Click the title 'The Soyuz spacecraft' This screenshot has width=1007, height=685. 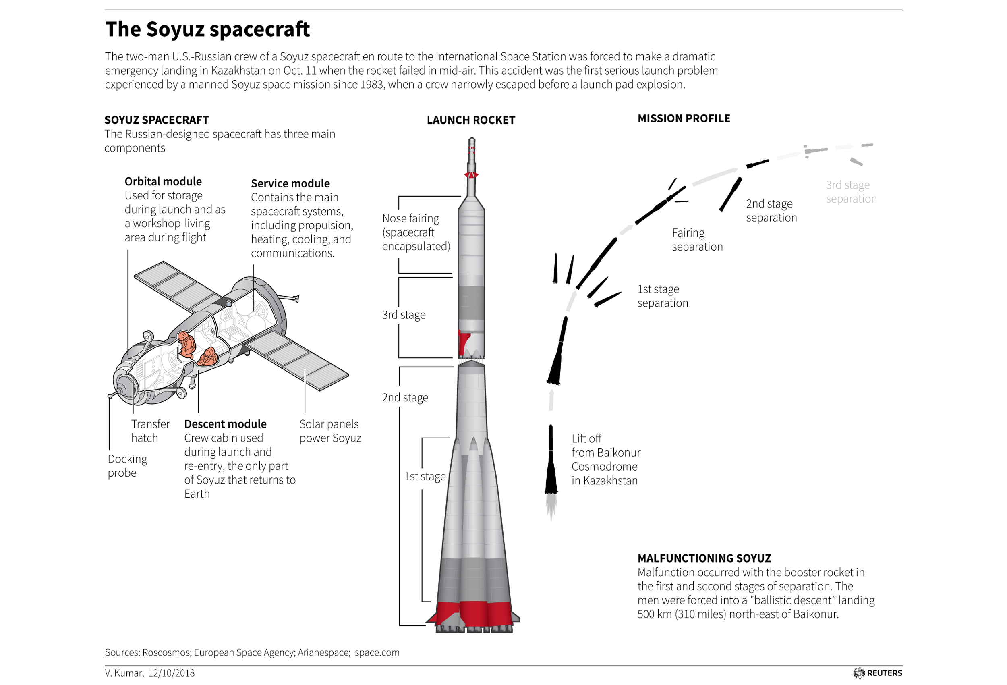coord(207,29)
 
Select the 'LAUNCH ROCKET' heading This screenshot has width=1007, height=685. coord(470,120)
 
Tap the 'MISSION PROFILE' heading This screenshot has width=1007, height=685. coord(684,118)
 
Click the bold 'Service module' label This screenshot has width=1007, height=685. coord(290,183)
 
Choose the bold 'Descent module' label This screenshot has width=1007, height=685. coord(225,424)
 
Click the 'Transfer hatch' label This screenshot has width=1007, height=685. coord(150,430)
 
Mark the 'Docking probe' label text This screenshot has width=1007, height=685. coord(127,466)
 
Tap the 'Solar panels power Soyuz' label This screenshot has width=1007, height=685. coord(330,430)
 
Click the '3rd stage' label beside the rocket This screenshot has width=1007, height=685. coord(404,315)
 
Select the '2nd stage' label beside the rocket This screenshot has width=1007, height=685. coord(405,398)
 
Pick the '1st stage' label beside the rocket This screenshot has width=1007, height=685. coord(425,476)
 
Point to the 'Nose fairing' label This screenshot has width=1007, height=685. coord(410,218)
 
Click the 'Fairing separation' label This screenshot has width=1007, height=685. coord(697,240)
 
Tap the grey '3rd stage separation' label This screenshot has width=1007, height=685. coord(851,192)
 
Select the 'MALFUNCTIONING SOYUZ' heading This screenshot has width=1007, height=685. coord(704,558)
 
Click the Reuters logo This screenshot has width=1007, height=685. coord(877,673)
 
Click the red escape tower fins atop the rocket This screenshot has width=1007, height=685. coord(471,175)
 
